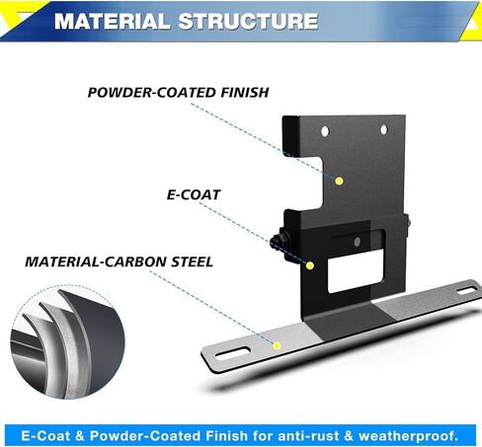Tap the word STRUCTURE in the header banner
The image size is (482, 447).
[248, 22]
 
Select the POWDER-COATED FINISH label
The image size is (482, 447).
[178, 93]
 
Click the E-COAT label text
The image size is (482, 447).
[194, 194]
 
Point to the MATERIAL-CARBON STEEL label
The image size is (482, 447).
[119, 261]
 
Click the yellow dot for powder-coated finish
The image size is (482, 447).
[340, 181]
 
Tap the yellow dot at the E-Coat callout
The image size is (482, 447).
[310, 265]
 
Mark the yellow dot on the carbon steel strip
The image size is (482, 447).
[277, 345]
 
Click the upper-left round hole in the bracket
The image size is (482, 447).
[325, 131]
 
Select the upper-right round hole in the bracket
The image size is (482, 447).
[384, 130]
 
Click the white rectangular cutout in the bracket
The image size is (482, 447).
[356, 270]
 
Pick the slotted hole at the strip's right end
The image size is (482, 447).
[467, 290]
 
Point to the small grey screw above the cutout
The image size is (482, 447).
[358, 243]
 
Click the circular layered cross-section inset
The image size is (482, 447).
[67, 342]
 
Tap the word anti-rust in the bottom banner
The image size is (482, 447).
[309, 436]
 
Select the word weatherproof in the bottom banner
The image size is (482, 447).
[408, 436]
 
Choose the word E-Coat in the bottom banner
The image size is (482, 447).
[45, 436]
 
